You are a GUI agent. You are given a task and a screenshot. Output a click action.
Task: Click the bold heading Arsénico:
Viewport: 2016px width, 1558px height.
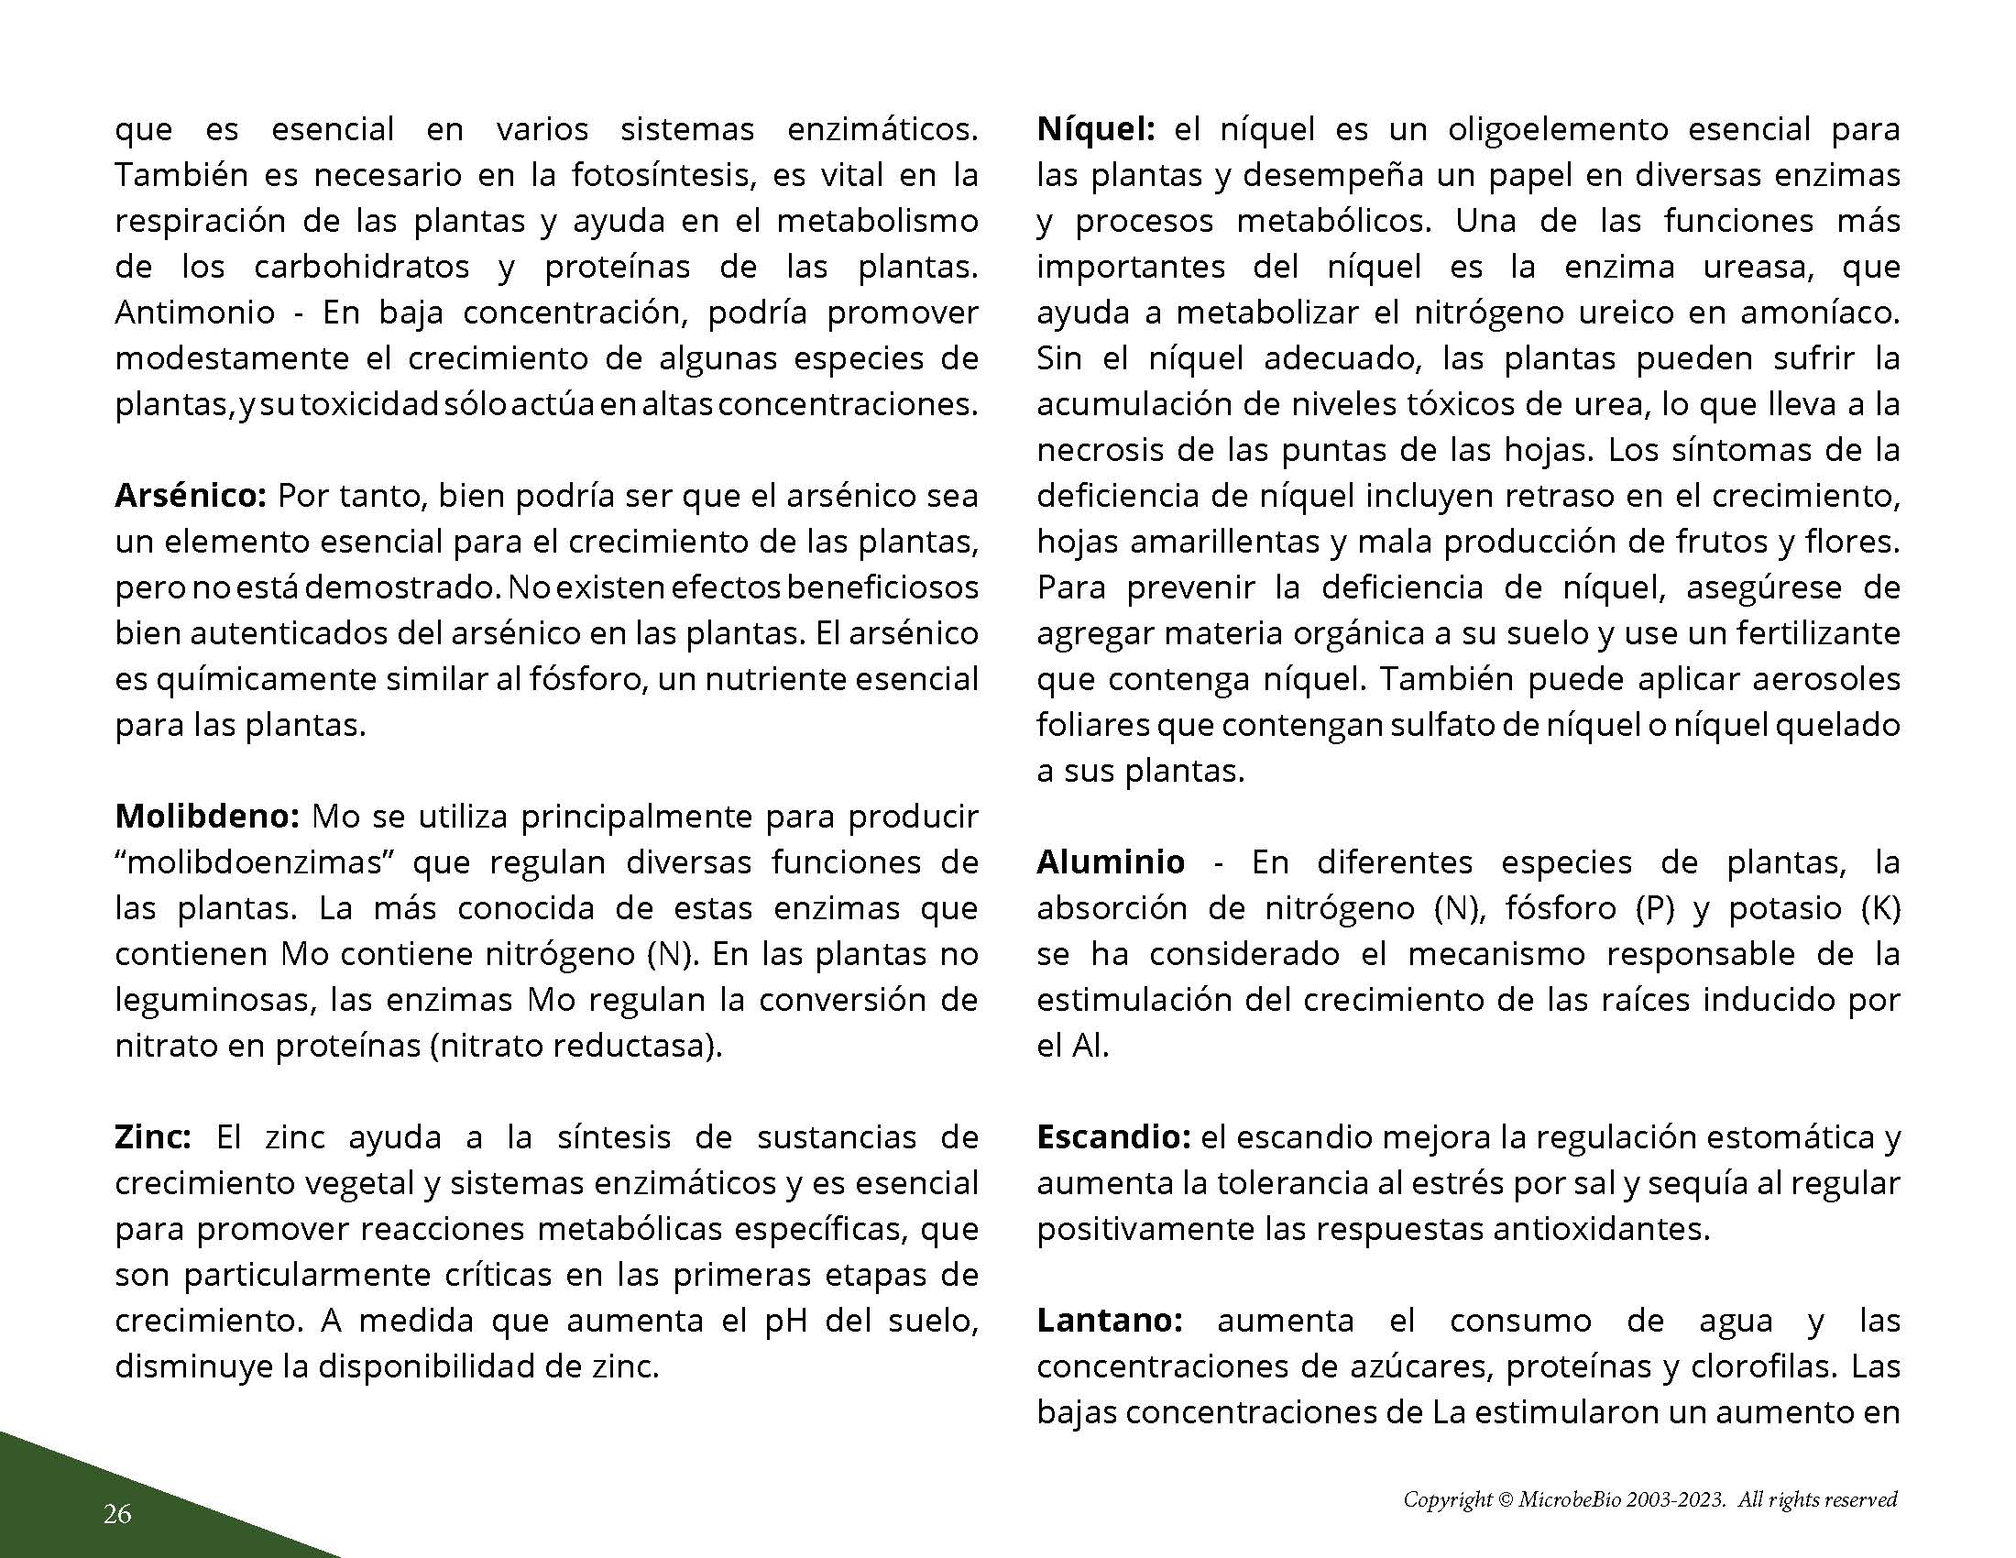point(191,496)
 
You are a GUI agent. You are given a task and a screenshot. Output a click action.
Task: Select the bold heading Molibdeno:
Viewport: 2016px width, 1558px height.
point(207,816)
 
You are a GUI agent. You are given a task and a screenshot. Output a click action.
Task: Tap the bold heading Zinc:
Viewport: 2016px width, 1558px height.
point(152,1137)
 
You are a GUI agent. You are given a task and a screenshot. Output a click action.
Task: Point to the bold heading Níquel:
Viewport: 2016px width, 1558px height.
point(1096,128)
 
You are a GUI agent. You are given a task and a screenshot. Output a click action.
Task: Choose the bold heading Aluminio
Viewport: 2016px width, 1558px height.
point(1111,862)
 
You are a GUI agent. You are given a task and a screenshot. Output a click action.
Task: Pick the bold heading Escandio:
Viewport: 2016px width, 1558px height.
point(1113,1137)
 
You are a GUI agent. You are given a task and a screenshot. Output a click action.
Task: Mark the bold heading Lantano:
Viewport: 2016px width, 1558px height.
point(1109,1321)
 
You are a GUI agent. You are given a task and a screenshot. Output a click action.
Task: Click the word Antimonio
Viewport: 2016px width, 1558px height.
point(195,312)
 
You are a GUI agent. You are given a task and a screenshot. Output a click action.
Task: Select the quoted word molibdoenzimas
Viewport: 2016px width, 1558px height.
point(256,862)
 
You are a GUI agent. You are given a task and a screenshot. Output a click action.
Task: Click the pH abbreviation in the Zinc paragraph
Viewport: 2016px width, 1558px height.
point(786,1321)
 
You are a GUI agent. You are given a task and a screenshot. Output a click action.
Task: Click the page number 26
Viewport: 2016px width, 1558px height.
point(117,1514)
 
